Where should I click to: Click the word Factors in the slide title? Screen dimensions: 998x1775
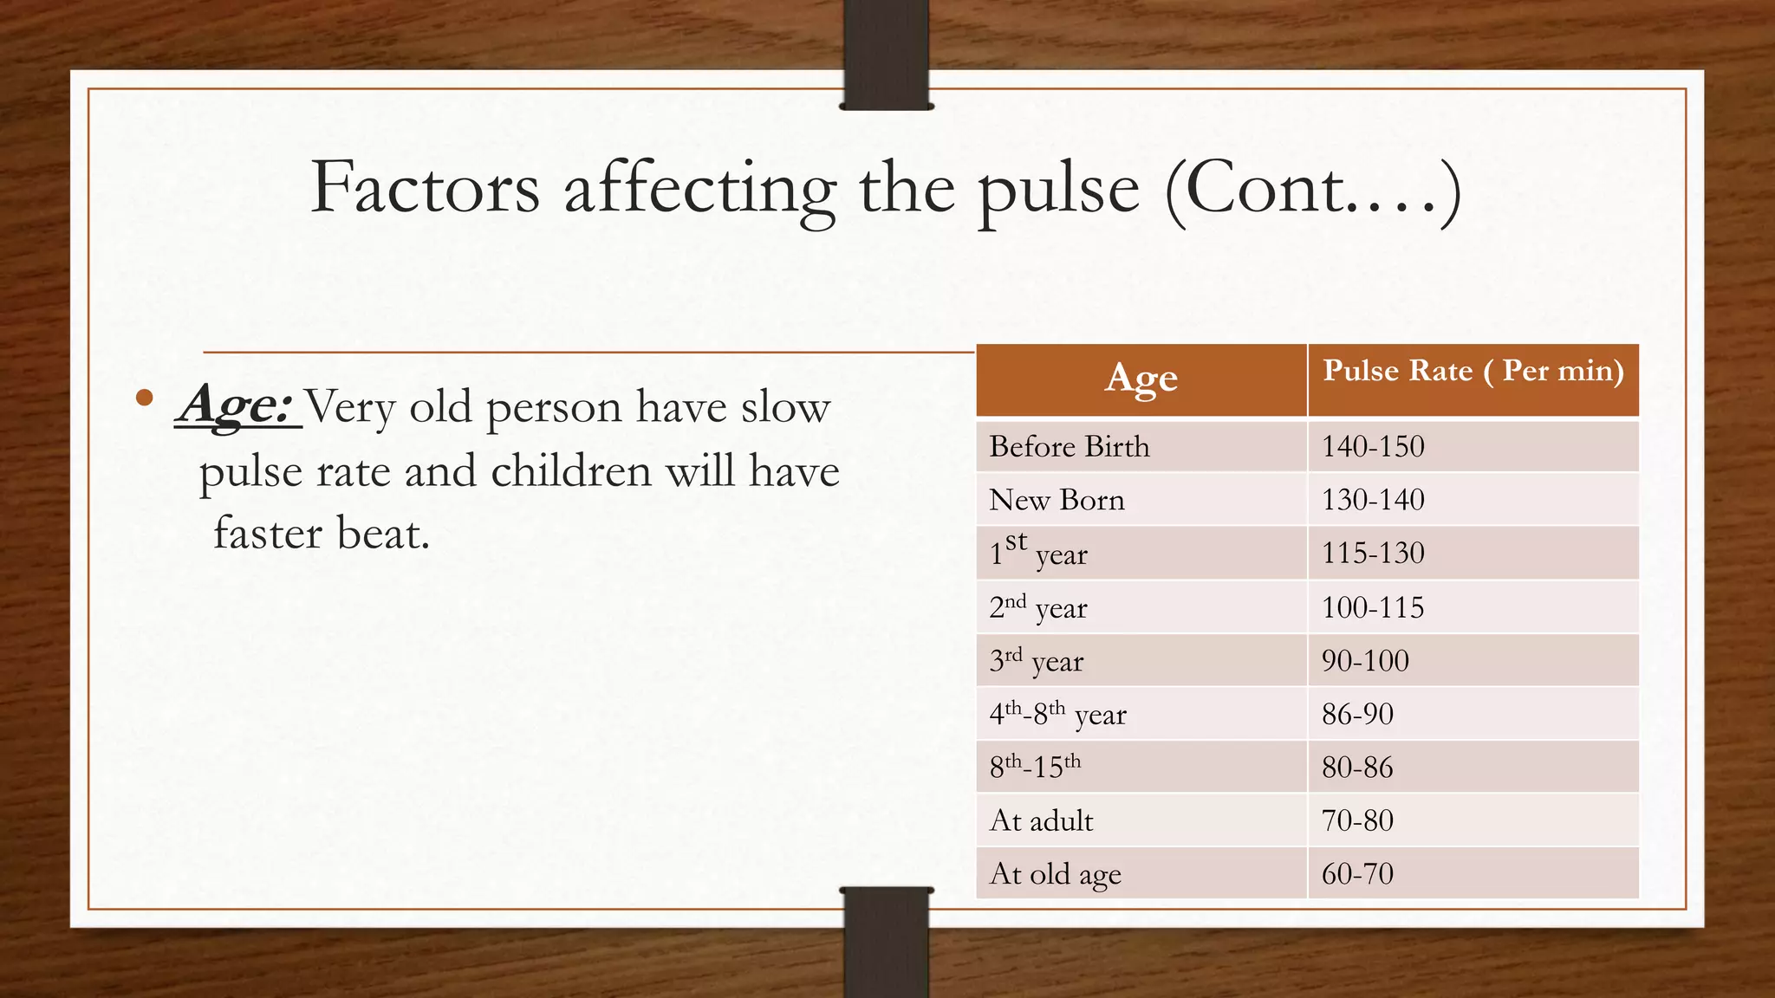(425, 188)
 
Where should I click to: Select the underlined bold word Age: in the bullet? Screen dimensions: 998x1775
(236, 405)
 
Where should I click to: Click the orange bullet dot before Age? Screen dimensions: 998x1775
(145, 398)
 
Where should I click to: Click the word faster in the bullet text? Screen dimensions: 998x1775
(268, 533)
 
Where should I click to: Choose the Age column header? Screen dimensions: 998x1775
(1141, 379)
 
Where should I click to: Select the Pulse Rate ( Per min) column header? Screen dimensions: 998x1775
(1473, 371)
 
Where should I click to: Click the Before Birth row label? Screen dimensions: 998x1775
(1069, 446)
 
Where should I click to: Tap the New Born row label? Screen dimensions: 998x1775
(1057, 500)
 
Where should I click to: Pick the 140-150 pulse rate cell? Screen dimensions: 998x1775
(1373, 446)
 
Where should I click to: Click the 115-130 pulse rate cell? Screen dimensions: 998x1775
(1373, 553)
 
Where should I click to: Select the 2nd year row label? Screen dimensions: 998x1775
(1037, 607)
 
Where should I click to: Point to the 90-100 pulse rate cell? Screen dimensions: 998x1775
(1365, 661)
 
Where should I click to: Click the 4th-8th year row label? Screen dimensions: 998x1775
(1057, 715)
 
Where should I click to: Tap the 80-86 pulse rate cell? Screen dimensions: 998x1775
(1357, 768)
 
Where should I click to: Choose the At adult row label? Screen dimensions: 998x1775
(1041, 820)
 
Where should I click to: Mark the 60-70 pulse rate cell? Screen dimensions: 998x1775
(1357, 873)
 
